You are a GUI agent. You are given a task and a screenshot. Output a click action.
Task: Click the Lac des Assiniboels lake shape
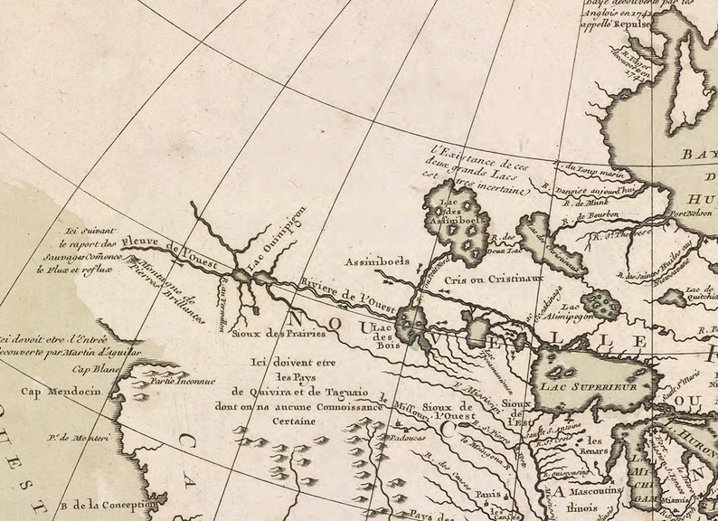457,226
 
